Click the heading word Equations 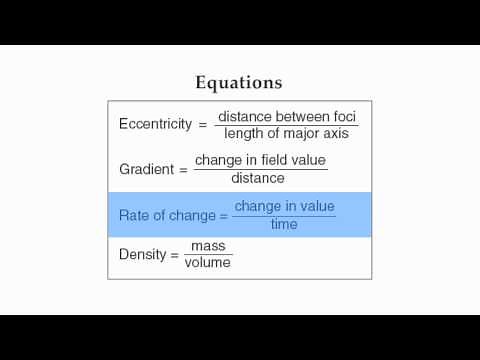238,82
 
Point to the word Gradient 147,169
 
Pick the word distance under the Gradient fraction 258,178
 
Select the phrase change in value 285,206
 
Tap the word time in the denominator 284,224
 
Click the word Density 142,254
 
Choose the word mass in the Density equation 208,245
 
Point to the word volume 208,263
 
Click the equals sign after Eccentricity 202,124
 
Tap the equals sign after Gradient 183,169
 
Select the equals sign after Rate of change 224,215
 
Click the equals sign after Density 174,254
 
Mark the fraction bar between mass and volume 208,254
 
